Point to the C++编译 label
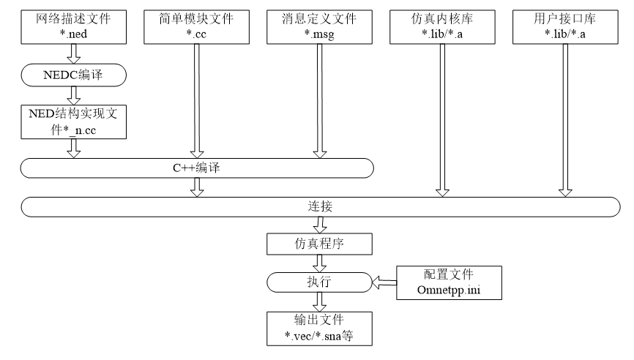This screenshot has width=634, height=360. [196, 168]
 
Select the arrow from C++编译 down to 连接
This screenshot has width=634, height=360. [196, 187]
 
